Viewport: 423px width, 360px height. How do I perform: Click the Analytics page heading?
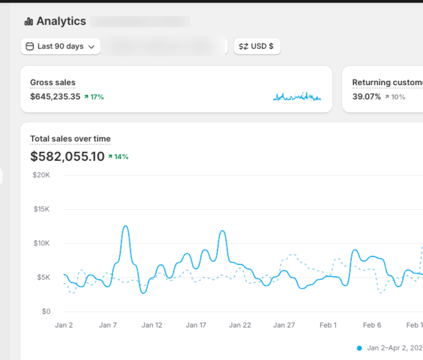(x=61, y=22)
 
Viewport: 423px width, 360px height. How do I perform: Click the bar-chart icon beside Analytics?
(x=29, y=22)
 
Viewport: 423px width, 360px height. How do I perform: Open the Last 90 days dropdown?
(x=60, y=47)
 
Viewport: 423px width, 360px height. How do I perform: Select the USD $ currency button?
(x=256, y=47)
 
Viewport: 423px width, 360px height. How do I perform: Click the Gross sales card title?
(x=53, y=82)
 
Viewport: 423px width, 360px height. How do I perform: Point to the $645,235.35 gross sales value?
(x=55, y=97)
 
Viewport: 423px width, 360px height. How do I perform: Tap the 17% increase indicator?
(x=94, y=97)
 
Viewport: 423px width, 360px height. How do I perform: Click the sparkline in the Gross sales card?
(x=297, y=97)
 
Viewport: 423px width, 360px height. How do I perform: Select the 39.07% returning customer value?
(x=366, y=97)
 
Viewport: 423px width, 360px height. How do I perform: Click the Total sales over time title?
(x=70, y=138)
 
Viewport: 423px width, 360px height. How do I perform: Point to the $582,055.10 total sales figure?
(x=68, y=156)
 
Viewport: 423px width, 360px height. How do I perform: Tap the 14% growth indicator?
(x=118, y=156)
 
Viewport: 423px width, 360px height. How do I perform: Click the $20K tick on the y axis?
(x=42, y=175)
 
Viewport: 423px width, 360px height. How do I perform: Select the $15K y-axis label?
(x=42, y=209)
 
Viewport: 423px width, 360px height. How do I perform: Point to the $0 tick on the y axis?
(x=46, y=312)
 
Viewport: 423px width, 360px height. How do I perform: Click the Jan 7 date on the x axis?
(x=107, y=325)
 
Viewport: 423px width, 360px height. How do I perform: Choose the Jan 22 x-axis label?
(x=239, y=325)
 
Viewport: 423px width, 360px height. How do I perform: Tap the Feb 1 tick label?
(x=327, y=325)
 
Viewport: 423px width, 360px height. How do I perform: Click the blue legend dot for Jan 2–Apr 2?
(x=359, y=347)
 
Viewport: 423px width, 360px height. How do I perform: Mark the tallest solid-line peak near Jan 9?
(x=126, y=226)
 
